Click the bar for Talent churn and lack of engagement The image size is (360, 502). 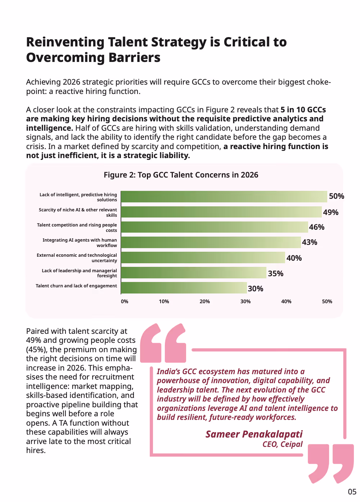tap(184, 288)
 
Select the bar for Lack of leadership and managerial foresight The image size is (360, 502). tap(194, 273)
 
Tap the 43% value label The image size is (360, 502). tap(309, 242)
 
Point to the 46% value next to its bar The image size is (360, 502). tap(316, 227)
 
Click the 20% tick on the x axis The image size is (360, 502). tap(204, 301)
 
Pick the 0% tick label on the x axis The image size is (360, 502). tap(125, 301)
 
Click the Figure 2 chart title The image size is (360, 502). tap(181, 175)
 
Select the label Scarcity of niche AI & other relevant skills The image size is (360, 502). tap(78, 212)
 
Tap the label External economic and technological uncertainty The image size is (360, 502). tap(77, 258)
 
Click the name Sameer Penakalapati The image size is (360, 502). tap(254, 434)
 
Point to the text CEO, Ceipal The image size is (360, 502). tap(283, 444)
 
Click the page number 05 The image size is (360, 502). tap(352, 492)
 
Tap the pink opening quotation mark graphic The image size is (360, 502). tap(163, 343)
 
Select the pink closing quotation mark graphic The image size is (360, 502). tap(330, 463)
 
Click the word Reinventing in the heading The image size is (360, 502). tap(65, 42)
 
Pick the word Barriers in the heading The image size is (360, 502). tap(134, 57)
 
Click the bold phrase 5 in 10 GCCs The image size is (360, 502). tap(303, 109)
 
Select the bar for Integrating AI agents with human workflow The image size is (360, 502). tap(211, 242)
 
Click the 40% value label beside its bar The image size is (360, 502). tap(294, 258)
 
